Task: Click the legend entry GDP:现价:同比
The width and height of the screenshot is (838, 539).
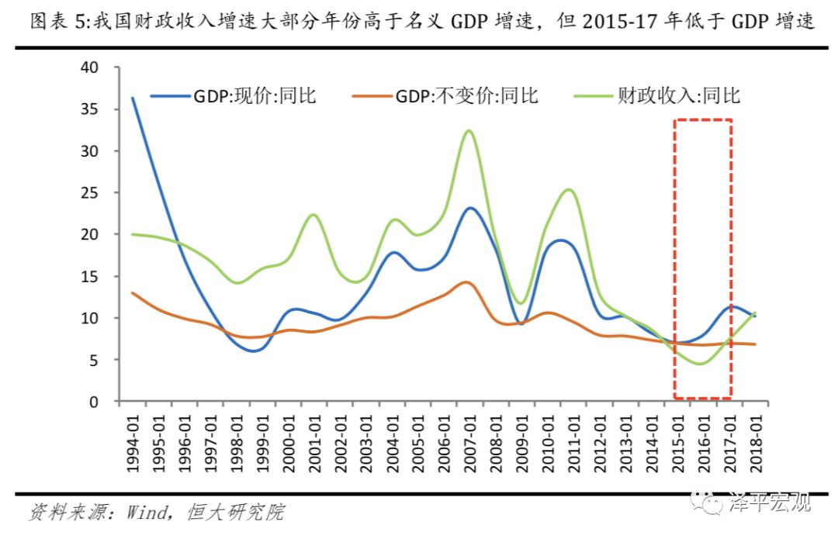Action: pyautogui.click(x=256, y=95)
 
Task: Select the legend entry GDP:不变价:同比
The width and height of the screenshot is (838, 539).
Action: pyautogui.click(x=466, y=95)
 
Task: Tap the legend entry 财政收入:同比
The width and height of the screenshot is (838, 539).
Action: pyautogui.click(x=679, y=95)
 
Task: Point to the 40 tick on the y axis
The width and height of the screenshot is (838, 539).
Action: pyautogui.click(x=90, y=67)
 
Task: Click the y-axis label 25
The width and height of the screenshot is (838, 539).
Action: pyautogui.click(x=90, y=192)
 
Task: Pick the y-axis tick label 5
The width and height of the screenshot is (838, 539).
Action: pyautogui.click(x=95, y=360)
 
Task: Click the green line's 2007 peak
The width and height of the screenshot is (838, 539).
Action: pyautogui.click(x=469, y=130)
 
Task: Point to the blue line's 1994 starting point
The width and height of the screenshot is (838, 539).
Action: pyautogui.click(x=133, y=98)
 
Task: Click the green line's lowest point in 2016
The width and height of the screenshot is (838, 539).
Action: pyautogui.click(x=701, y=364)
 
